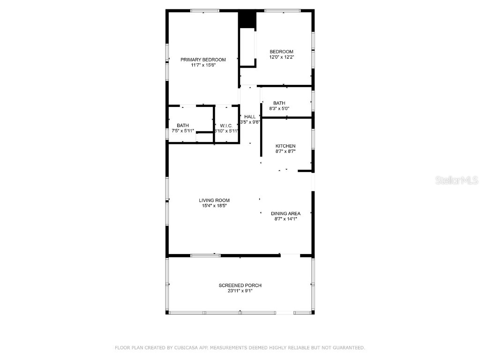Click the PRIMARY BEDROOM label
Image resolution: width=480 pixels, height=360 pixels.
pyautogui.click(x=203, y=60)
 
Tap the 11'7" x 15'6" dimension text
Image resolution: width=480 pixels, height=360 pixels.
pyautogui.click(x=203, y=65)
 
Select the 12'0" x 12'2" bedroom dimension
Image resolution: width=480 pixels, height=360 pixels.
pyautogui.click(x=281, y=57)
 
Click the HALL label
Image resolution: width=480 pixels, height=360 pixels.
pyautogui.click(x=250, y=117)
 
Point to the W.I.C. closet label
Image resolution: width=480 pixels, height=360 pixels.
pyautogui.click(x=226, y=126)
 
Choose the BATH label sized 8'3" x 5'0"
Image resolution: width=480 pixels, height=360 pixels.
pyautogui.click(x=279, y=103)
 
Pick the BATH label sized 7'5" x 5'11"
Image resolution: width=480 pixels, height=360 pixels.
pyautogui.click(x=183, y=125)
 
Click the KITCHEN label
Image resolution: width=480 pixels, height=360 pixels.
pyautogui.click(x=285, y=146)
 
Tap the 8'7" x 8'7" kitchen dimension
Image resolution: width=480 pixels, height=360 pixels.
pyautogui.click(x=285, y=151)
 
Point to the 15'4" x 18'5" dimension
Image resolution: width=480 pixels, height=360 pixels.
pyautogui.click(x=214, y=206)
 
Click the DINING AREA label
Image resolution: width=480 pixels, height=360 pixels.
pyautogui.click(x=285, y=213)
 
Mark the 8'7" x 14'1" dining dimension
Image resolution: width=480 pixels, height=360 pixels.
pyautogui.click(x=285, y=218)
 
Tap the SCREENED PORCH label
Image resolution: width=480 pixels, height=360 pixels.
pyautogui.click(x=240, y=285)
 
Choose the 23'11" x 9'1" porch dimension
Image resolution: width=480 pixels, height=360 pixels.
pyautogui.click(x=240, y=291)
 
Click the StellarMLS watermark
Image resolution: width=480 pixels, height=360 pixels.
pyautogui.click(x=457, y=180)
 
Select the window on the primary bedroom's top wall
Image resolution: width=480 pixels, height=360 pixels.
pyautogui.click(x=203, y=11)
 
